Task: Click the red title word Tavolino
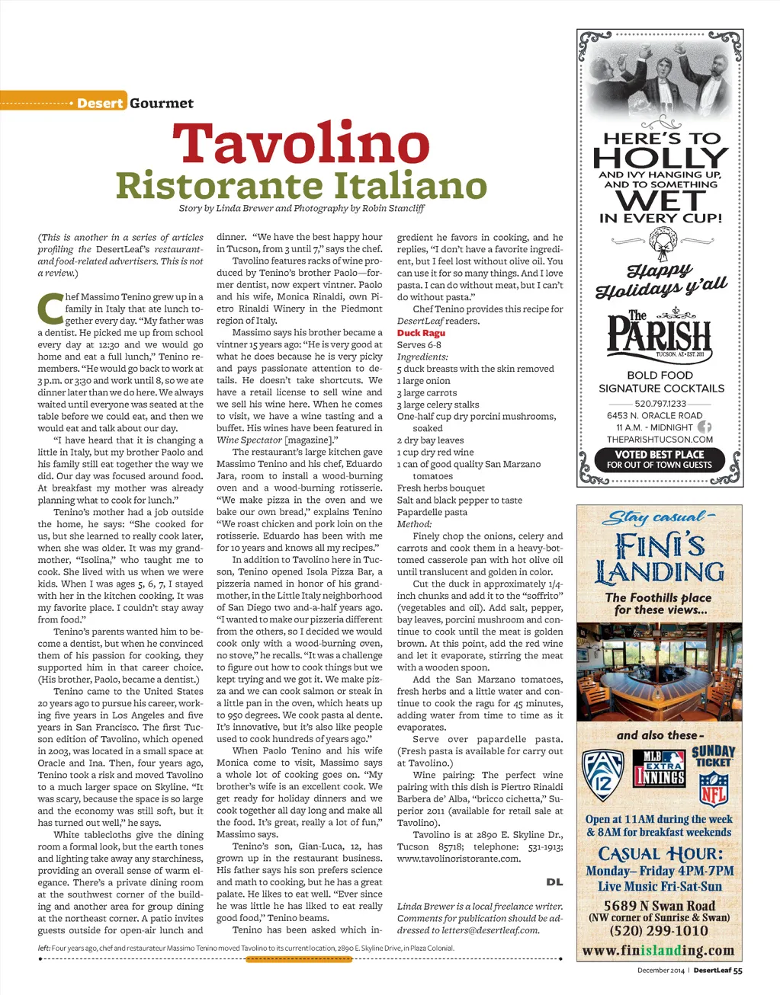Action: coord(301,145)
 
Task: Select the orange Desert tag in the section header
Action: coord(99,103)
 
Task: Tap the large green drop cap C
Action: coord(50,309)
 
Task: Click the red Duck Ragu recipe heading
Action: coord(421,333)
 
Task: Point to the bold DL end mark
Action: coord(554,881)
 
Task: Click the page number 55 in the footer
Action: coord(738,970)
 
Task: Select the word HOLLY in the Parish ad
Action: coord(660,158)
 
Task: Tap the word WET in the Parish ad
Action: coord(660,200)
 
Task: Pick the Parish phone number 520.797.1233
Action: coord(660,404)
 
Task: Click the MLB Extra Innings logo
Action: coord(660,767)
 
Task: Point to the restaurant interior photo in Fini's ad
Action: coord(660,672)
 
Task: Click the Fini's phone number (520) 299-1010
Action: coord(659,931)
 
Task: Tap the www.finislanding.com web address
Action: coord(659,950)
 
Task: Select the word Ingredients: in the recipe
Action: coord(422,357)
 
